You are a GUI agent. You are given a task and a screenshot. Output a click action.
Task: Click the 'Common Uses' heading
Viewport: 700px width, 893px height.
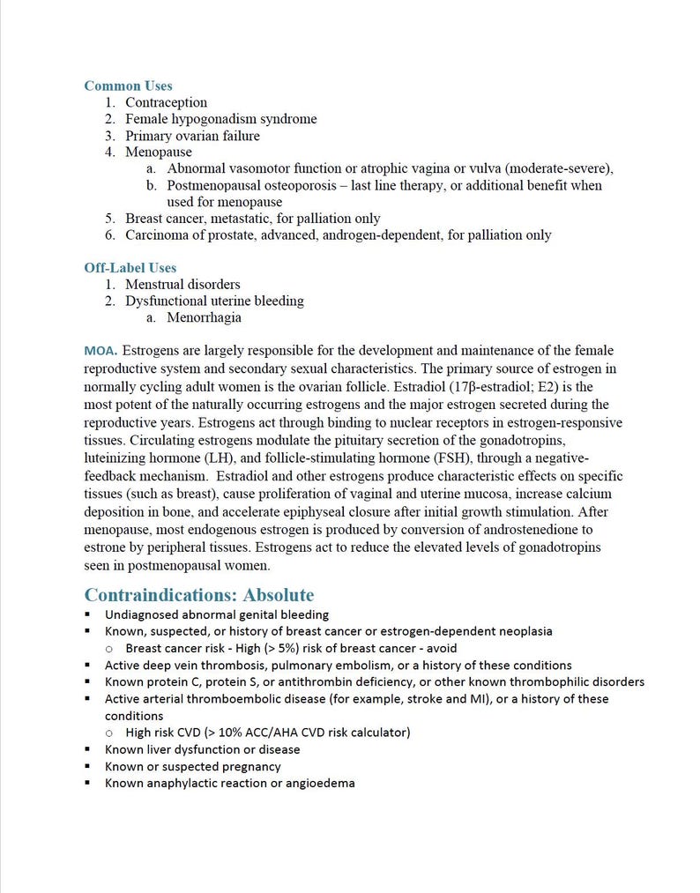coord(128,86)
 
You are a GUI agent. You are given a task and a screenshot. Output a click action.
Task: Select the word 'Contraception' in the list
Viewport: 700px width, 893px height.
coord(166,102)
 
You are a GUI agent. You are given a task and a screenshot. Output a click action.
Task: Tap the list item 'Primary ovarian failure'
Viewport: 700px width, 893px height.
coord(192,136)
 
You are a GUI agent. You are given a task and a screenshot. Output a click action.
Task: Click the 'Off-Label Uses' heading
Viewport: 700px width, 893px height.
coord(130,267)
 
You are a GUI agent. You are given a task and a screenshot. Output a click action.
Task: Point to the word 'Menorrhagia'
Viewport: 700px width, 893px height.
coord(204,317)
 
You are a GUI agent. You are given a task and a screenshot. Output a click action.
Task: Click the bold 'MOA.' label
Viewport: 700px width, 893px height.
coord(101,351)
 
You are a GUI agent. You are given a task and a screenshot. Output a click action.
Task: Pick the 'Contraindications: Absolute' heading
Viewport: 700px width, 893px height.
coord(198,595)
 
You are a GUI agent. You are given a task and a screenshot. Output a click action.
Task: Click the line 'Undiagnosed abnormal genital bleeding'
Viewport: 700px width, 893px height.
coord(216,614)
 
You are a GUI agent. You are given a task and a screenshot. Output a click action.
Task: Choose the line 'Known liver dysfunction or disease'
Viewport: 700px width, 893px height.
coord(202,749)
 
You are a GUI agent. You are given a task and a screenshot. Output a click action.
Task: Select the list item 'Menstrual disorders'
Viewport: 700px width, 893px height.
coord(182,284)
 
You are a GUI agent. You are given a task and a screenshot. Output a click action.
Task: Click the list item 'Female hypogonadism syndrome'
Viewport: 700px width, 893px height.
coord(220,119)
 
